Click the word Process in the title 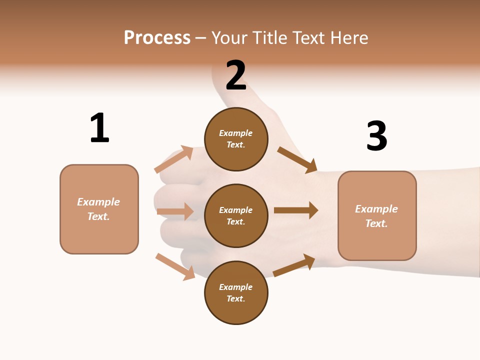pyautogui.click(x=157, y=37)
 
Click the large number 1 pyautogui.click(x=99, y=128)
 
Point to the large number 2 pyautogui.click(x=236, y=75)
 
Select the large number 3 pyautogui.click(x=376, y=136)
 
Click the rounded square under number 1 pyautogui.click(x=99, y=209)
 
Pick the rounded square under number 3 pyautogui.click(x=377, y=215)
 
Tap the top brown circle pyautogui.click(x=236, y=138)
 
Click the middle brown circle pyautogui.click(x=236, y=215)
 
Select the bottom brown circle pyautogui.click(x=236, y=292)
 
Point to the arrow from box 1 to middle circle pyautogui.click(x=175, y=211)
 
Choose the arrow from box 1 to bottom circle pyautogui.click(x=175, y=266)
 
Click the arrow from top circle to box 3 pyautogui.click(x=297, y=159)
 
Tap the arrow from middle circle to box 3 pyautogui.click(x=296, y=210)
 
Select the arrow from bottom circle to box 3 pyautogui.click(x=294, y=265)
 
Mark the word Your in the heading pyautogui.click(x=229, y=37)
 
